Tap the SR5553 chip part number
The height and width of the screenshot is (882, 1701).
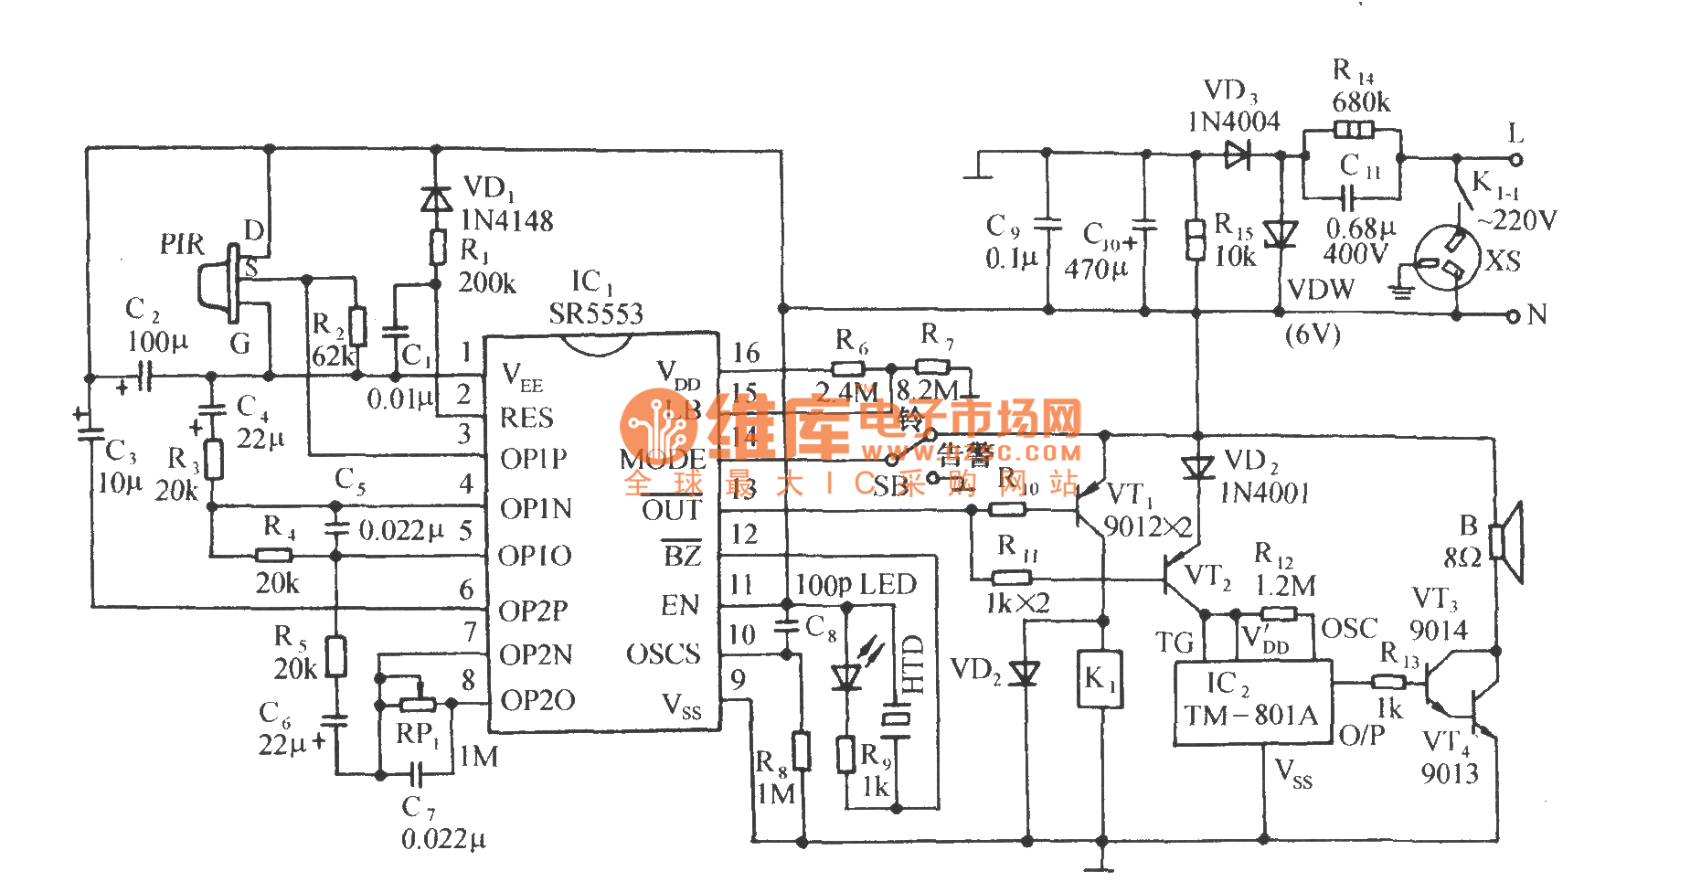click(596, 314)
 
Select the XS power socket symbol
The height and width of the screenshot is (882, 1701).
click(1446, 260)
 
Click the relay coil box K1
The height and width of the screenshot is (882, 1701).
click(1100, 679)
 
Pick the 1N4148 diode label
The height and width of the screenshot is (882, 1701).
click(506, 220)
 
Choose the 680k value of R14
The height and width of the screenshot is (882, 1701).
click(1361, 101)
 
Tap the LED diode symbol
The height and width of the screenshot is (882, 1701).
click(846, 677)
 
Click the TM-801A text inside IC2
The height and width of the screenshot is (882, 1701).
click(1251, 715)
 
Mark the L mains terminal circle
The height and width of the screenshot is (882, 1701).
click(1515, 159)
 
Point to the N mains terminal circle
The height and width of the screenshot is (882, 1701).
click(1514, 315)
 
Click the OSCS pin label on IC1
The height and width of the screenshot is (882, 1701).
click(664, 654)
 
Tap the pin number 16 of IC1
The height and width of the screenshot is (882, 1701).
click(746, 353)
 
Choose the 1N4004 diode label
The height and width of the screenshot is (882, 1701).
click(1234, 122)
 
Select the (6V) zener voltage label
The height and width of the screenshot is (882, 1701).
click(1313, 335)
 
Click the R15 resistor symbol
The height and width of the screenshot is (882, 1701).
click(1195, 239)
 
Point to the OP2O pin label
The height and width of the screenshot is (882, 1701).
click(538, 700)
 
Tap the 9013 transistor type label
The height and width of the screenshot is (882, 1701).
click(1450, 773)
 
